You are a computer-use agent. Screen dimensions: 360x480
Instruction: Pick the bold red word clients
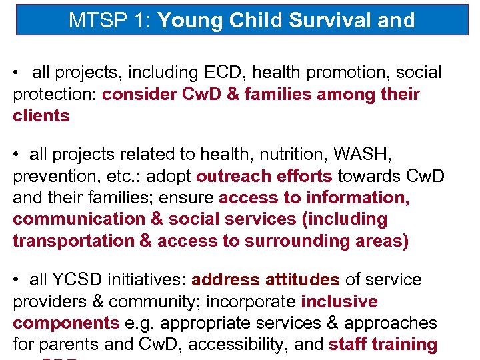(41, 115)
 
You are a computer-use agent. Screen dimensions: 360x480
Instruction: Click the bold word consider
(139, 94)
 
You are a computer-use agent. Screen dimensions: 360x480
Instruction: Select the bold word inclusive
(339, 301)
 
